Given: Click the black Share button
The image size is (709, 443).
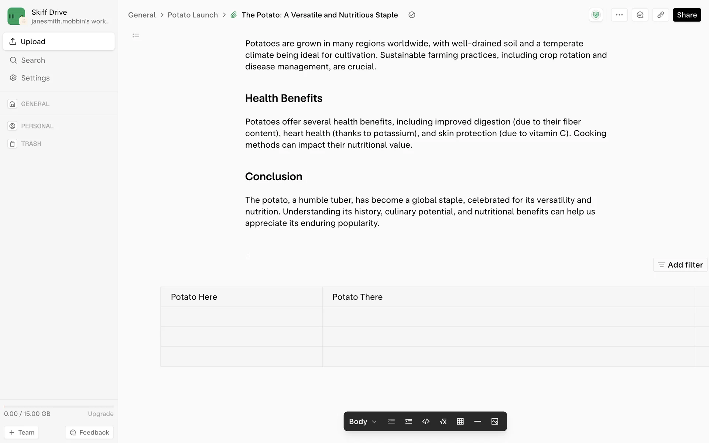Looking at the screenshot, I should [x=686, y=15].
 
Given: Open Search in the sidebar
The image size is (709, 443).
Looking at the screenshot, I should [x=33, y=60].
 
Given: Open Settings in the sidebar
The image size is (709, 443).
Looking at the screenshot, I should [x=35, y=78].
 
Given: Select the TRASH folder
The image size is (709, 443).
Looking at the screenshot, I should [x=31, y=144].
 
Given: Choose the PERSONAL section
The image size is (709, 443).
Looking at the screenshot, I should [x=37, y=126].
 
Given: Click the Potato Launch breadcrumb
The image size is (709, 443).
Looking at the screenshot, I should [x=192, y=15].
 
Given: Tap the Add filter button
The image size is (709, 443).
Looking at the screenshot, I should [x=680, y=265].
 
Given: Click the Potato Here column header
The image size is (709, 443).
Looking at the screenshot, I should [x=194, y=297].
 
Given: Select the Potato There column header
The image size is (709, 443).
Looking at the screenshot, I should [x=357, y=297].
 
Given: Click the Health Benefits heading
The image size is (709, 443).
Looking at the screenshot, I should [x=284, y=98].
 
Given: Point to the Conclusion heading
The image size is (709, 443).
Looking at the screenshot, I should [x=273, y=176].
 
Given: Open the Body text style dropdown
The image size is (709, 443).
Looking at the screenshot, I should [x=363, y=421].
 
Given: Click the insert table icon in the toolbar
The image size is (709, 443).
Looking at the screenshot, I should [x=460, y=421].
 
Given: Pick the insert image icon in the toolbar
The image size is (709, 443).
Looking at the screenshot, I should [x=495, y=421].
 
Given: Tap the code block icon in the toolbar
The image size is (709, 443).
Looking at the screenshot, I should [x=426, y=421].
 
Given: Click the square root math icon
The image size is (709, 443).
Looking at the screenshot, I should [x=443, y=421].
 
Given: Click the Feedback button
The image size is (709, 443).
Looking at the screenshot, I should [x=89, y=432].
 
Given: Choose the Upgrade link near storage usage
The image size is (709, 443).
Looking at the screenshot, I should [x=100, y=413].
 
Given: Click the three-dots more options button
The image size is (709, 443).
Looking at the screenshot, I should [x=619, y=15].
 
